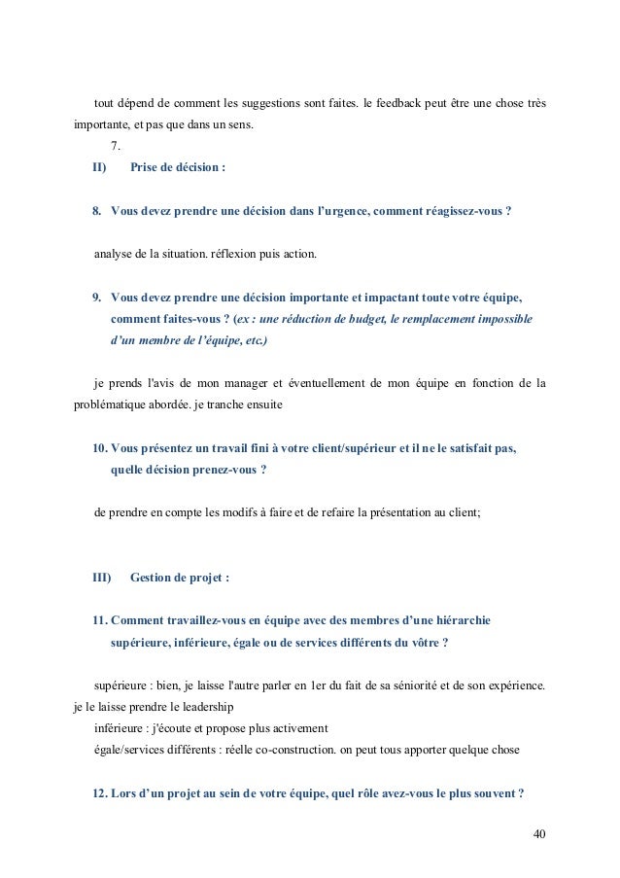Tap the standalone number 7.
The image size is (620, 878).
[x=116, y=146]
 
